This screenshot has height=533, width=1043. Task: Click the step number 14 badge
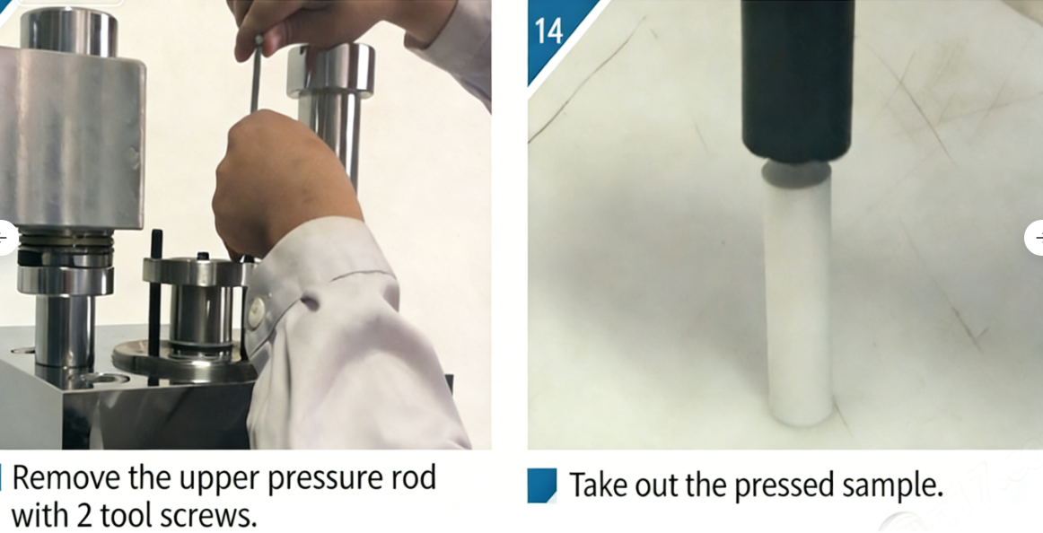(x=548, y=31)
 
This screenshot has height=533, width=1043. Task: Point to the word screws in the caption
(x=211, y=516)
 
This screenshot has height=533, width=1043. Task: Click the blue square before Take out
(x=542, y=485)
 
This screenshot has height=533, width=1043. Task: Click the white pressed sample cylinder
(x=799, y=296)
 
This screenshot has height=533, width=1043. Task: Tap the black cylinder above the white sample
(x=797, y=81)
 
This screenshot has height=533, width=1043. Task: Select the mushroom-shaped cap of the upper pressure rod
(x=330, y=70)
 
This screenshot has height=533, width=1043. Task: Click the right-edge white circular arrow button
(x=1034, y=238)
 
